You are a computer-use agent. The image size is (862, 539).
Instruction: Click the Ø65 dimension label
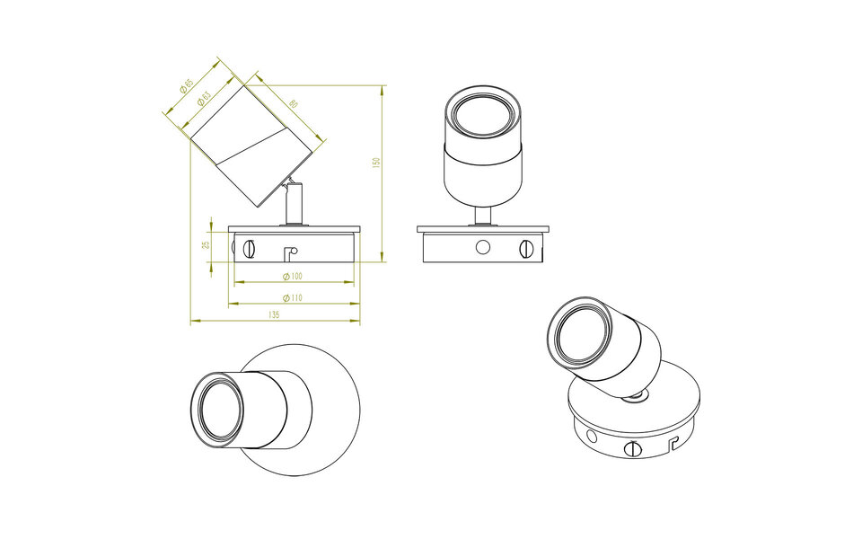(x=187, y=85)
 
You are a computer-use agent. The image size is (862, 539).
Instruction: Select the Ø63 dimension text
(x=205, y=96)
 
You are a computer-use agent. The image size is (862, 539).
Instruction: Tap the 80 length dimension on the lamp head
(x=293, y=103)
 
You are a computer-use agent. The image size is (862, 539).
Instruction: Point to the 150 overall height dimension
(x=377, y=163)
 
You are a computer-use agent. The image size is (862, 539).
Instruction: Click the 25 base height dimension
(x=206, y=244)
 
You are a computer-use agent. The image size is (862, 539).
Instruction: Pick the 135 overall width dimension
(x=274, y=315)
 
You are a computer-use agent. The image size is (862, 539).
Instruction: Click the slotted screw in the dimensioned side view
(x=251, y=246)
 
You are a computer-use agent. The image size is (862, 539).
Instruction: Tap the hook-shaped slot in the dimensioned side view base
(x=289, y=253)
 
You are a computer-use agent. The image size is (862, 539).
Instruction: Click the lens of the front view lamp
(x=483, y=118)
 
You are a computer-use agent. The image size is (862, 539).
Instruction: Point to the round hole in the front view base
(x=483, y=246)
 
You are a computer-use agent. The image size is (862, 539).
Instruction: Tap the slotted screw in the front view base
(x=526, y=246)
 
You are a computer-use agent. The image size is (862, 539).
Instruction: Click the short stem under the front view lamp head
(x=483, y=216)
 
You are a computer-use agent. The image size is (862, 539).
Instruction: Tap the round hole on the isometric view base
(x=591, y=436)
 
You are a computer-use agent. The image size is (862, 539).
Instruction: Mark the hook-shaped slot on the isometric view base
(x=673, y=442)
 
